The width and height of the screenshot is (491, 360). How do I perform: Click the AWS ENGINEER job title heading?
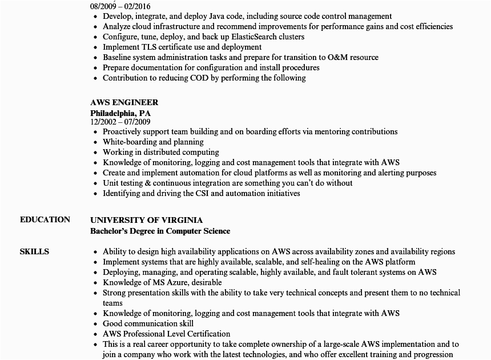point(124,102)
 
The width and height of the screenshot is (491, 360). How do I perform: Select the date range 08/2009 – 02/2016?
point(120,6)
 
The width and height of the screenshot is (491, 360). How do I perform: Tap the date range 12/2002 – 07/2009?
point(120,121)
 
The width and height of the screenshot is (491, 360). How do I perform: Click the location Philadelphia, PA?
point(120,113)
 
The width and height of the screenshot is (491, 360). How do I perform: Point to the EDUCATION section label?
point(45,219)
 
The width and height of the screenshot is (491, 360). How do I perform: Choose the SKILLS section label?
point(34,251)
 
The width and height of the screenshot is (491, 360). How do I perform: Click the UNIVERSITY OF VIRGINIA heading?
point(146,220)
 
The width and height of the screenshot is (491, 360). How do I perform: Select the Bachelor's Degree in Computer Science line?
point(160,231)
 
